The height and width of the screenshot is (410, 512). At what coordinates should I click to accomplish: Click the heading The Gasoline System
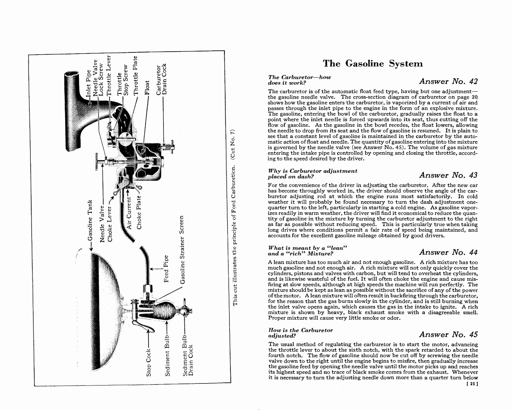(x=373, y=64)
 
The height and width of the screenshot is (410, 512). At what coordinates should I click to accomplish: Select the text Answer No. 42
(x=448, y=81)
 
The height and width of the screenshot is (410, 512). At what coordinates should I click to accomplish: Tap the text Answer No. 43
(x=448, y=175)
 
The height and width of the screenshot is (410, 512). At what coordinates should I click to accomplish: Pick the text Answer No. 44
(x=448, y=252)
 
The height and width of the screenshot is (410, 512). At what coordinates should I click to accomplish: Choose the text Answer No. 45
(x=448, y=335)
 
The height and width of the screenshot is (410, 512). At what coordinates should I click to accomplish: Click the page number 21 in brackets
(x=472, y=385)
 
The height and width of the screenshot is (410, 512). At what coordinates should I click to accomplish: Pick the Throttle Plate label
(x=135, y=76)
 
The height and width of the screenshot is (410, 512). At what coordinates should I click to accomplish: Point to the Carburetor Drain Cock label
(x=161, y=80)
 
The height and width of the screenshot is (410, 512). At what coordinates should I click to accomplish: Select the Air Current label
(x=129, y=213)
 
